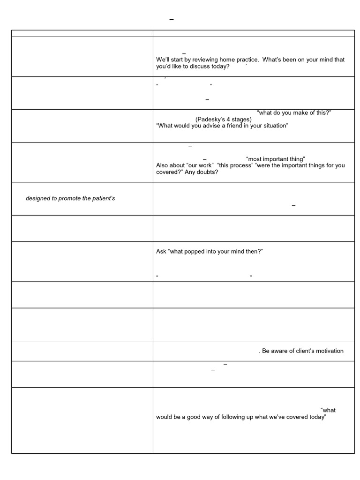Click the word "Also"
(163, 165)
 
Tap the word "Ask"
(161, 252)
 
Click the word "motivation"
(329, 351)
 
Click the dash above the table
(171, 20)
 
